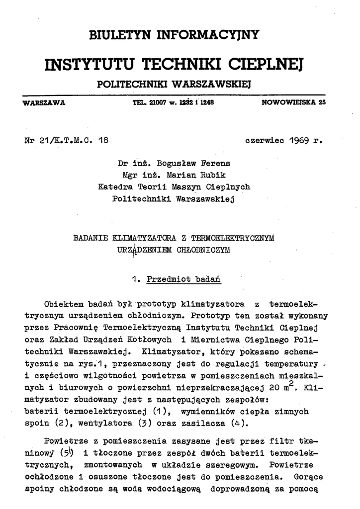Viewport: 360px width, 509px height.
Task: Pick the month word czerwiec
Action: [x=262, y=140]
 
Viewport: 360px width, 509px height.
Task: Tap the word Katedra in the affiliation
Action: [x=115, y=187]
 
